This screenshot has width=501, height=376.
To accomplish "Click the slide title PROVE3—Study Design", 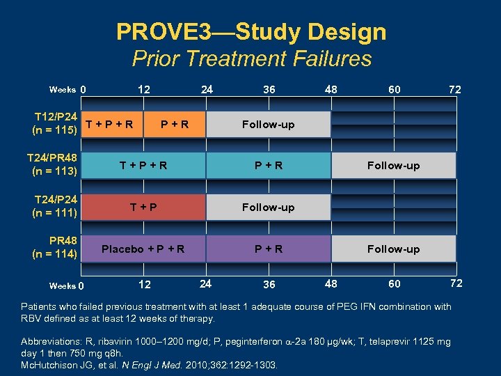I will coord(251,31).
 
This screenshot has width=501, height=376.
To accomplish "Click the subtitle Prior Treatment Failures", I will coord(252,58).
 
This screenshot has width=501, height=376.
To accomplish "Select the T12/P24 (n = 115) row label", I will coord(55,124).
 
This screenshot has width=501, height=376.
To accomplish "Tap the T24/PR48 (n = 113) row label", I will coord(55,165).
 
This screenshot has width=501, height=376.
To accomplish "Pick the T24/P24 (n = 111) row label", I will coord(55,207).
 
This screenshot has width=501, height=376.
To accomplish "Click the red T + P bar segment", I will coord(143,207).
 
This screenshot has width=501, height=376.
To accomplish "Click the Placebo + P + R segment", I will coord(143,249).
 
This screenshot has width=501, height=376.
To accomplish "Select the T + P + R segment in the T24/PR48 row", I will coord(143,165).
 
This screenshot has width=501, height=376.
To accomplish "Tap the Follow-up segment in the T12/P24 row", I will coord(268,125).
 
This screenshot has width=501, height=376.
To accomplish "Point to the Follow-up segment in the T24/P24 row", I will coord(268,207).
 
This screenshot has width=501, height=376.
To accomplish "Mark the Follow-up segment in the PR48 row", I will coord(393,249).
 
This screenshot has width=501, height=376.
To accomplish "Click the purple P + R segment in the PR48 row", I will coord(268,249).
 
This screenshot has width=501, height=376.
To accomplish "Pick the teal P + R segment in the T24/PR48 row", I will coord(268,165).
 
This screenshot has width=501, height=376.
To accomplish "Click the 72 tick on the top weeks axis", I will coord(454,90).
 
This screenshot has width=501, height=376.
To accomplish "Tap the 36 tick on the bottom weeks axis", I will coord(269,284).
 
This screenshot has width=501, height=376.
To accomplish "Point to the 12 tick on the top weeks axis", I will coord(143,89).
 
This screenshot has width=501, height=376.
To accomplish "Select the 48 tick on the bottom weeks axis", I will coord(331,283).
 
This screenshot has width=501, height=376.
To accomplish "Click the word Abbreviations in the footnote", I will coord(52,341).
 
